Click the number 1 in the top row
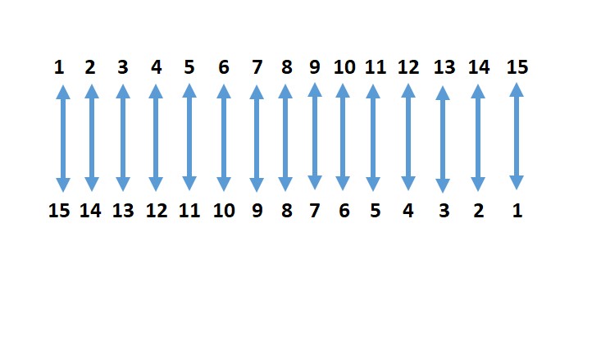[59, 67]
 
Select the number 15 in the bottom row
[59, 211]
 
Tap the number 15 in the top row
[517, 67]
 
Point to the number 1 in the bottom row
[517, 211]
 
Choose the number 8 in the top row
[285, 67]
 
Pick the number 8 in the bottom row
[285, 211]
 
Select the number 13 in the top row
[443, 67]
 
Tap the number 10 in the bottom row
[224, 211]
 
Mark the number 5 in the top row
[189, 67]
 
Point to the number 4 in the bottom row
[408, 211]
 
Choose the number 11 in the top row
[374, 67]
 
